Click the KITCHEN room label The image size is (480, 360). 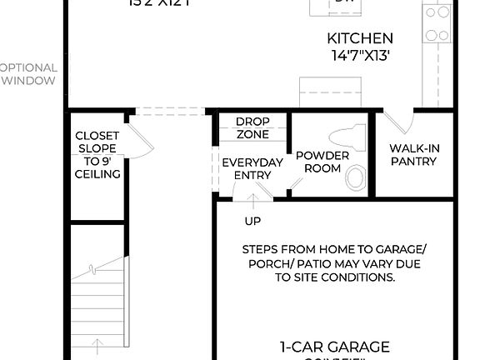pyautogui.click(x=360, y=38)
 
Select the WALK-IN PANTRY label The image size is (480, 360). pyautogui.click(x=413, y=155)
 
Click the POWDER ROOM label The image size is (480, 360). pyautogui.click(x=317, y=162)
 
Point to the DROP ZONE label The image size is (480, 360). pyautogui.click(x=252, y=127)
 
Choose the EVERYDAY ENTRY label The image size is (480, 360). pyautogui.click(x=252, y=168)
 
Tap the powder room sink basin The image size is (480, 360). pyautogui.click(x=356, y=177)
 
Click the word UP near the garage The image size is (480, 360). pyautogui.click(x=252, y=222)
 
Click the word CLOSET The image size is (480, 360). pyautogui.click(x=97, y=136)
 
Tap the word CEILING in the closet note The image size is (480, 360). pyautogui.click(x=97, y=174)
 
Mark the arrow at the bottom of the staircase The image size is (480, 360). pyautogui.click(x=98, y=346)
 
